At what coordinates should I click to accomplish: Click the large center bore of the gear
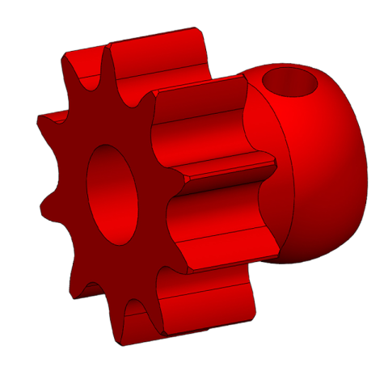[x=112, y=194]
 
